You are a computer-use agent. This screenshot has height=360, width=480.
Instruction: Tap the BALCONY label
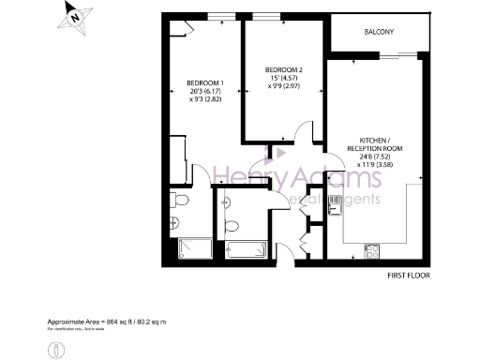[379, 33]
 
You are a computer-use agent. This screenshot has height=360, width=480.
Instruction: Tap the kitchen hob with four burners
[372, 251]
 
